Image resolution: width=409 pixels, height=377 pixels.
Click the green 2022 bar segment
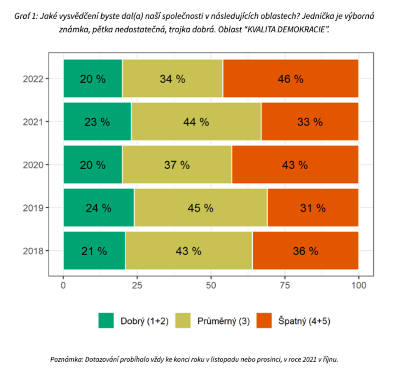[x=93, y=78]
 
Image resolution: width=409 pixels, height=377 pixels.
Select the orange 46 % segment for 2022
[x=290, y=78]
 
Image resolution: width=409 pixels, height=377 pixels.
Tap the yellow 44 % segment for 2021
[x=196, y=121]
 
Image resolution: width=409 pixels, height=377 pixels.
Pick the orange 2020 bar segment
[x=295, y=164]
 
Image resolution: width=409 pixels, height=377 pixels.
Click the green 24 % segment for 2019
[x=99, y=207]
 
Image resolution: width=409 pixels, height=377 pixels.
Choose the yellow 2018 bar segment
[x=189, y=250]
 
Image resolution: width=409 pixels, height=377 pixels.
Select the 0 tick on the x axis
[x=63, y=285]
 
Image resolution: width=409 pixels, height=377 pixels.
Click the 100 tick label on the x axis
[x=358, y=285]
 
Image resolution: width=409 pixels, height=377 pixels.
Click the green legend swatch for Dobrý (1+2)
[x=106, y=320]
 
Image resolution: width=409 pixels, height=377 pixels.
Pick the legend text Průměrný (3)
[x=223, y=321]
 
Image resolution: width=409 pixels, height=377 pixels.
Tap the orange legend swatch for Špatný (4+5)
[x=264, y=320]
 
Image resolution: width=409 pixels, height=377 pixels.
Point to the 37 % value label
[x=177, y=165]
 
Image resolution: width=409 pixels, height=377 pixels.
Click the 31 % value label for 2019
[x=313, y=208]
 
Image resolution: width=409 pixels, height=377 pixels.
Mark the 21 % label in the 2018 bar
[x=94, y=251]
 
